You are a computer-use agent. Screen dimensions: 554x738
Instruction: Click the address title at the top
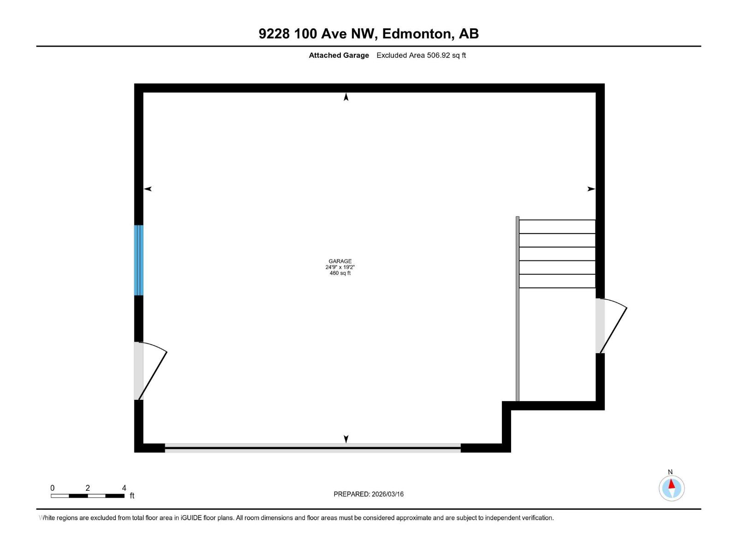(x=369, y=34)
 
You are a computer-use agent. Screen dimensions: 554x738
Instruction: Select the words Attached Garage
(x=339, y=55)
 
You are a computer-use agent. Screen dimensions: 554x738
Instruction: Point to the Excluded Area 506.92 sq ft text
(x=421, y=55)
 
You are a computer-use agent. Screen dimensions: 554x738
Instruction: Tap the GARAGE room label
(x=340, y=261)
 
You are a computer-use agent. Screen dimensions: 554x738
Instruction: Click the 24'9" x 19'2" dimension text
(x=340, y=267)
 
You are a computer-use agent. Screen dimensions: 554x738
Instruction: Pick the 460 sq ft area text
(x=340, y=273)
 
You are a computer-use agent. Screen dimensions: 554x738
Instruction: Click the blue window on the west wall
(x=139, y=260)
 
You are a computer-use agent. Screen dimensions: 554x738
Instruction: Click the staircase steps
(x=557, y=253)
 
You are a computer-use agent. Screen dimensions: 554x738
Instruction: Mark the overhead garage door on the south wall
(x=313, y=448)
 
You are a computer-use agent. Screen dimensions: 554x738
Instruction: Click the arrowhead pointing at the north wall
(x=346, y=97)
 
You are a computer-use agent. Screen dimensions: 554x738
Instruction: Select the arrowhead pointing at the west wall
(x=148, y=189)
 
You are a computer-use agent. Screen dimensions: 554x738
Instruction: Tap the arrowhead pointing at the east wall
(x=591, y=189)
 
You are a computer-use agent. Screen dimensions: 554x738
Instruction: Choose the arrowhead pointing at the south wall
(x=346, y=439)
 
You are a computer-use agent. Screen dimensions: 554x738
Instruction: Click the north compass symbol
(x=671, y=488)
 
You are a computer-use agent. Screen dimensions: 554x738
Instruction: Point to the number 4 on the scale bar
(x=124, y=488)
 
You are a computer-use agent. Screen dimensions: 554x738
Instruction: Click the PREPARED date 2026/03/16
(x=387, y=494)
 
